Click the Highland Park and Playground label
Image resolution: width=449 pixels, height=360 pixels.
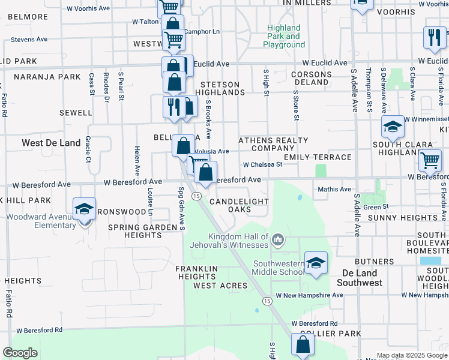click(x=283, y=36)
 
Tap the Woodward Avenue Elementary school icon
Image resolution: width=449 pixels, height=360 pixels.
click(x=84, y=209)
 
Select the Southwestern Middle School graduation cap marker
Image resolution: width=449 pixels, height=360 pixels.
click(x=316, y=263)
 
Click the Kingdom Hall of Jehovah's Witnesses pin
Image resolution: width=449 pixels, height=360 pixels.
click(x=278, y=241)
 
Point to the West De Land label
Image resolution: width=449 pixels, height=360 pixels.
click(x=50, y=143)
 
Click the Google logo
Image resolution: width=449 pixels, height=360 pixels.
click(x=20, y=353)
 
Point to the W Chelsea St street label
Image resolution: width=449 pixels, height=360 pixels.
click(x=262, y=164)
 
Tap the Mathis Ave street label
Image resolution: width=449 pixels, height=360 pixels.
click(x=334, y=190)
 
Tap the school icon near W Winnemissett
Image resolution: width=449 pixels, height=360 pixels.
click(x=393, y=127)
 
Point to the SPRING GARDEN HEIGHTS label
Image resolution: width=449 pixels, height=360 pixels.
click(x=134, y=231)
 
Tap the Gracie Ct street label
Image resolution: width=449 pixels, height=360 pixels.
click(x=88, y=149)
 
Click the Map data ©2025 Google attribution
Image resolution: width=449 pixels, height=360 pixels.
click(x=412, y=355)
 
